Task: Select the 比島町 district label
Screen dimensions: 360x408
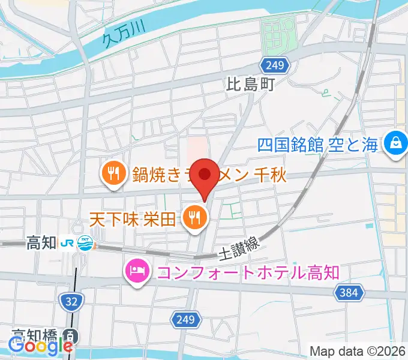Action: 250,85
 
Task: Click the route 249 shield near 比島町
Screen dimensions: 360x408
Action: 276,64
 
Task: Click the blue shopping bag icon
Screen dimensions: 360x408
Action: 396,143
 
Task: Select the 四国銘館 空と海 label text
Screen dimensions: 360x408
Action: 319,145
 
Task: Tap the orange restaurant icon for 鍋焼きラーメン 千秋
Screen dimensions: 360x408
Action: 112,173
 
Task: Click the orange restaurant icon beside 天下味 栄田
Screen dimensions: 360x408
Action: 193,216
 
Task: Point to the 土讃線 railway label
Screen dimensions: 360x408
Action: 239,244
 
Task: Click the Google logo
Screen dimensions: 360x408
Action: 40,346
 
